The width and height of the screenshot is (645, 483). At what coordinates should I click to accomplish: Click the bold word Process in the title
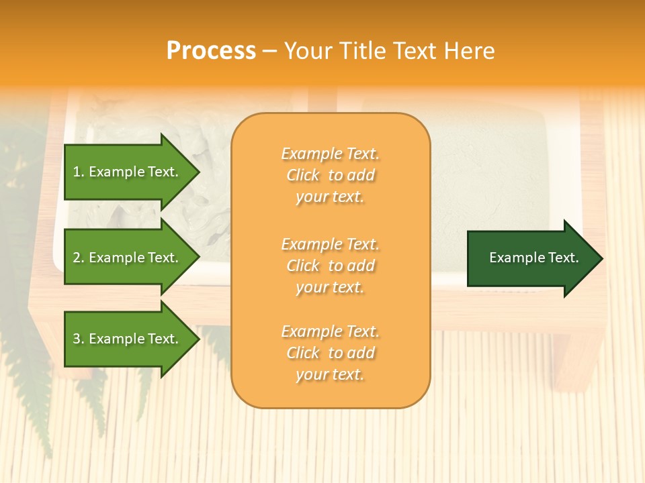point(211,51)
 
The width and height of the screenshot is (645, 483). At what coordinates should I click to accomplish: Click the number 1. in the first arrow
point(78,172)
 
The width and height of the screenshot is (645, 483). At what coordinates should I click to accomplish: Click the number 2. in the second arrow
point(78,258)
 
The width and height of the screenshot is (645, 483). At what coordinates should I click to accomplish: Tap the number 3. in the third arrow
point(78,339)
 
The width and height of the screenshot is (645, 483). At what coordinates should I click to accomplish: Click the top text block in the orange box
point(330,175)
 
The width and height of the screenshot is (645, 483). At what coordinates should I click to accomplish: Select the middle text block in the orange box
point(330,266)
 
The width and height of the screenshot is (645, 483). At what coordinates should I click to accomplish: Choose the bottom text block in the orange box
point(330,353)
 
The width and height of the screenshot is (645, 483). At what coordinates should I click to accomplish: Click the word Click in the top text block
point(303,175)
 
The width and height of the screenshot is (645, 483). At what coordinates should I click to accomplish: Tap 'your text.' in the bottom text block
point(330,374)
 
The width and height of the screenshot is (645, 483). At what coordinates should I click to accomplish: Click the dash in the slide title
point(269,52)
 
